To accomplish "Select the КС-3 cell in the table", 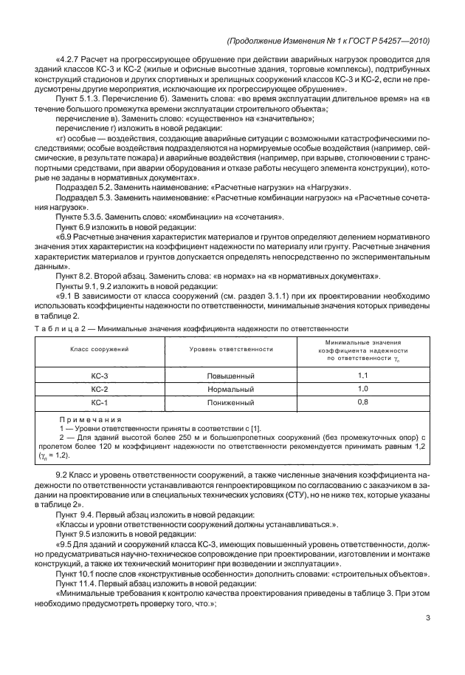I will (x=100, y=376).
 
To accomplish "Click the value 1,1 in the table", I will (x=362, y=376).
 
